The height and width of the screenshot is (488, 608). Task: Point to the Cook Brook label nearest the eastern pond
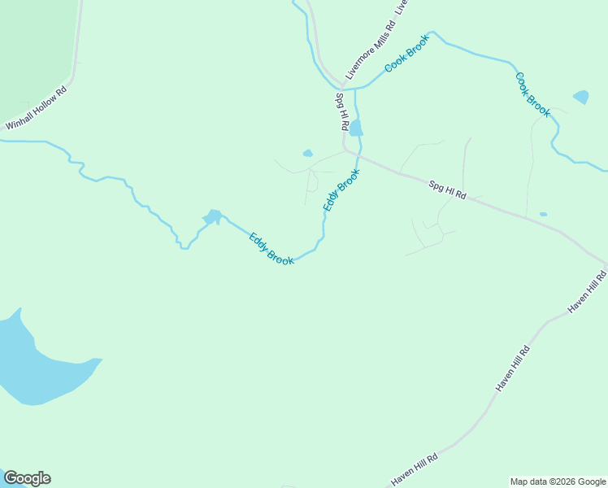point(532,94)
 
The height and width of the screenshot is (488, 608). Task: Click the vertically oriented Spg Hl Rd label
point(341,113)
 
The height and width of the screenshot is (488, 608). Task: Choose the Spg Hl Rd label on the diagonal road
point(448,190)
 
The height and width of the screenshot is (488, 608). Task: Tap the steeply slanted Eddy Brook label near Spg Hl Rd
point(341,190)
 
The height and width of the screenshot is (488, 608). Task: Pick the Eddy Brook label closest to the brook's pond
point(271,248)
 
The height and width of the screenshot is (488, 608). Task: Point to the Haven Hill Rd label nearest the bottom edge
point(415,469)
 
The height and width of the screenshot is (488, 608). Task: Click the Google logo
point(27,478)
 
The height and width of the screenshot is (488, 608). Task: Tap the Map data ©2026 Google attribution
point(558,481)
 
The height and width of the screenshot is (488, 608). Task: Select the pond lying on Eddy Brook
point(213,217)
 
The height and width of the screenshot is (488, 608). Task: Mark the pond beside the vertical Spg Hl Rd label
point(356,128)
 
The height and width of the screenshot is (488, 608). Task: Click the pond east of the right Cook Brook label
point(580,97)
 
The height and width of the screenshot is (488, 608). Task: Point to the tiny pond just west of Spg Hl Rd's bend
point(307,153)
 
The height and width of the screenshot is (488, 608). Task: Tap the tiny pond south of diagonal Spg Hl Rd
point(543,214)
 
